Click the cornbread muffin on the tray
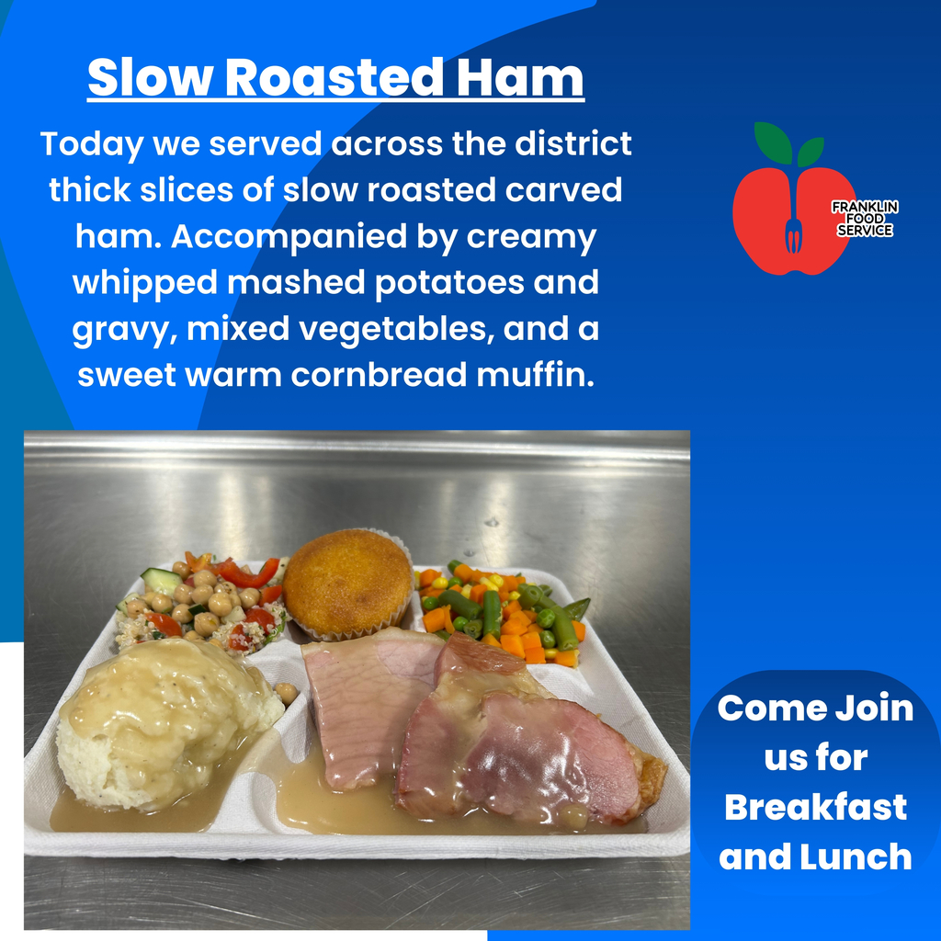click(x=346, y=582)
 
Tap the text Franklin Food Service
click(x=864, y=219)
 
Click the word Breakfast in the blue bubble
click(x=815, y=807)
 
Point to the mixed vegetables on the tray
click(x=501, y=611)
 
